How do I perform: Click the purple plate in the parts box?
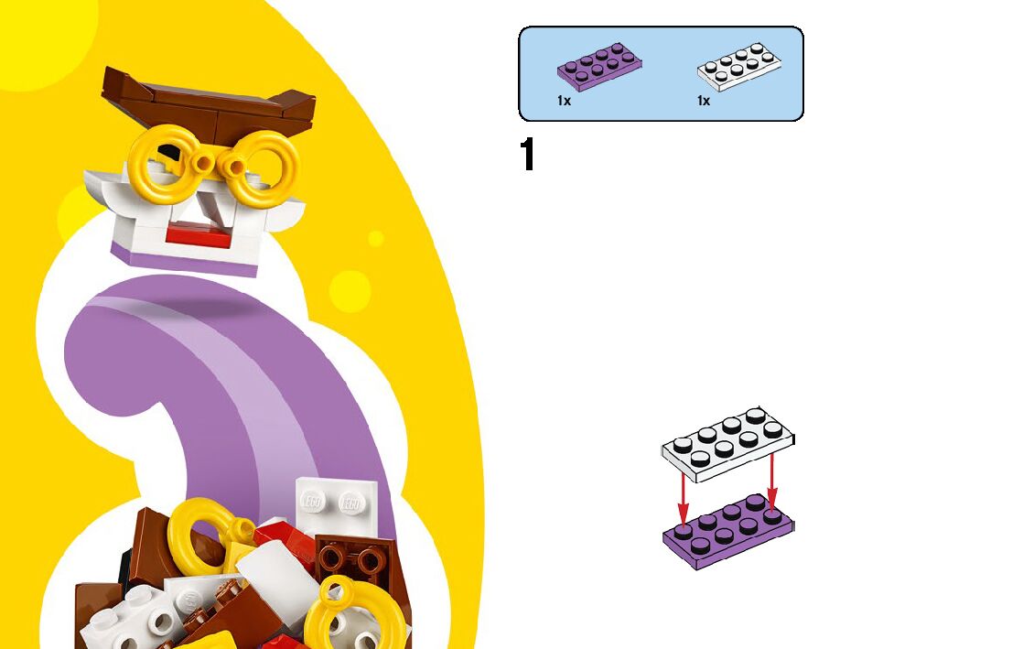click(599, 67)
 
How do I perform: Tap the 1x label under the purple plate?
click(564, 101)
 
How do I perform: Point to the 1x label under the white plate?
click(703, 101)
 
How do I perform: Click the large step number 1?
click(527, 156)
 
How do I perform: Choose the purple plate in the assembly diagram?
click(728, 532)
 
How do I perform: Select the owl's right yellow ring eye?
click(264, 168)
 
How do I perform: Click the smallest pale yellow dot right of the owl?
click(376, 239)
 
